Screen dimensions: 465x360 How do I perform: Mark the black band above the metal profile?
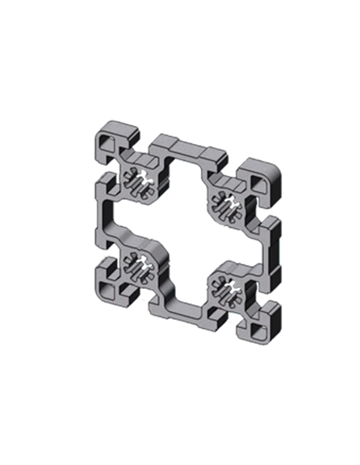[x=179, y=96]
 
